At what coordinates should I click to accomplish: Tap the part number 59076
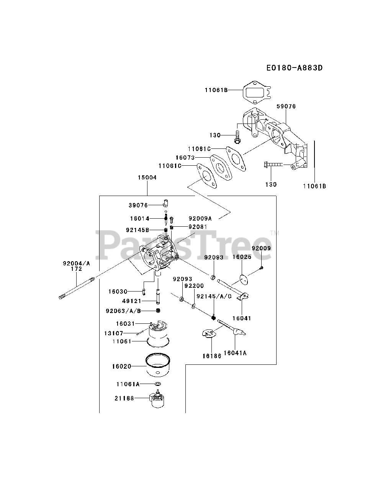[286, 106]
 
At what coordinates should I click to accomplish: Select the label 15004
[147, 178]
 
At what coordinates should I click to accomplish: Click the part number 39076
[138, 206]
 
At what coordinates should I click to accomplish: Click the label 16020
[121, 366]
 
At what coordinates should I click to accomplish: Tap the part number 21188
[124, 399]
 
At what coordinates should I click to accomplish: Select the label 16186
[212, 356]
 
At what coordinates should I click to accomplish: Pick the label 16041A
[235, 353]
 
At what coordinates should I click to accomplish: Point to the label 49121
[132, 301]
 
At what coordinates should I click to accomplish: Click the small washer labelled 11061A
[158, 384]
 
